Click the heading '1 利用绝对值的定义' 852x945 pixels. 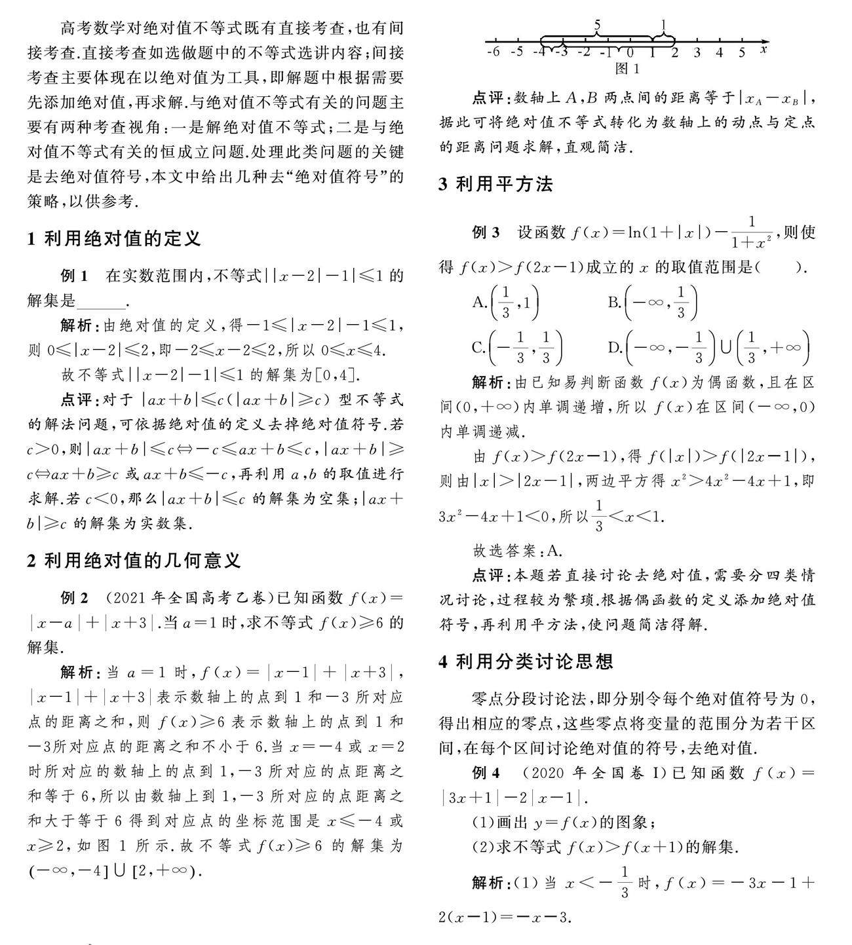click(x=114, y=238)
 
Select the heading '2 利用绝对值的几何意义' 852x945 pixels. click(x=134, y=561)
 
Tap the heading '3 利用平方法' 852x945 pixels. click(x=495, y=185)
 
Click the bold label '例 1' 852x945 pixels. click(x=73, y=276)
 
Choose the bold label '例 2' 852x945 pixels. click(x=74, y=598)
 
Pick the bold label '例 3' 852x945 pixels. click(x=486, y=232)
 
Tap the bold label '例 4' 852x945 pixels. click(x=486, y=773)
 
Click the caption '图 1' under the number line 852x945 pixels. click(x=627, y=68)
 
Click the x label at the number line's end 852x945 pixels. click(x=764, y=48)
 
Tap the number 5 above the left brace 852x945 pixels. click(x=597, y=26)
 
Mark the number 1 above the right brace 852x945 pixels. click(x=663, y=26)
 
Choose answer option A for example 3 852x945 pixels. click(x=505, y=303)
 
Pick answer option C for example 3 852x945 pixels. click(x=516, y=348)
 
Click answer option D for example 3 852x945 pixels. click(x=708, y=348)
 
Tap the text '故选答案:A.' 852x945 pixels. click(x=517, y=551)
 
